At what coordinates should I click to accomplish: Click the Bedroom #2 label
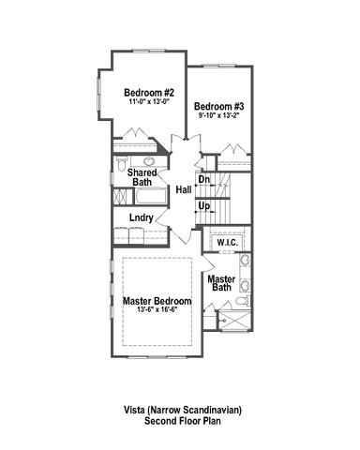149,93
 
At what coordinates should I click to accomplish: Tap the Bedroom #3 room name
219,106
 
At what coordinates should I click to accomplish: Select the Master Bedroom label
157,301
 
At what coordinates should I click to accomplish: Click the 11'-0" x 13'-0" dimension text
149,101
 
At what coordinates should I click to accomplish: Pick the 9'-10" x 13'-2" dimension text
218,115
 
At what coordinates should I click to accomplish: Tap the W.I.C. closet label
228,242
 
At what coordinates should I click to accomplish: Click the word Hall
184,189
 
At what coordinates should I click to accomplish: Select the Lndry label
142,217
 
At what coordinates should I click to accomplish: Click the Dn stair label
204,179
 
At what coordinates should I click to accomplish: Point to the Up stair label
204,206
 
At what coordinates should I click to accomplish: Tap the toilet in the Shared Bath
122,163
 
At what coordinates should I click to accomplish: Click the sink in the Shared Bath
149,161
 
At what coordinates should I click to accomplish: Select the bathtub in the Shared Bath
150,196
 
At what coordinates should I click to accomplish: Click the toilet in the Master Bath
243,301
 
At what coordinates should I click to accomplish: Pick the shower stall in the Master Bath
234,321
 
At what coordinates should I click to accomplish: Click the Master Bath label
221,283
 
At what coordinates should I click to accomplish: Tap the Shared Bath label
142,177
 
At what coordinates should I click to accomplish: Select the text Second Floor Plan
183,421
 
